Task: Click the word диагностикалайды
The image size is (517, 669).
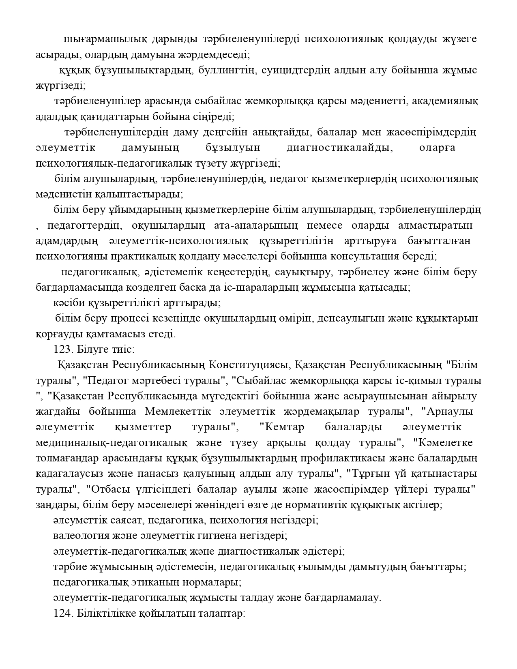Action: point(339,148)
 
